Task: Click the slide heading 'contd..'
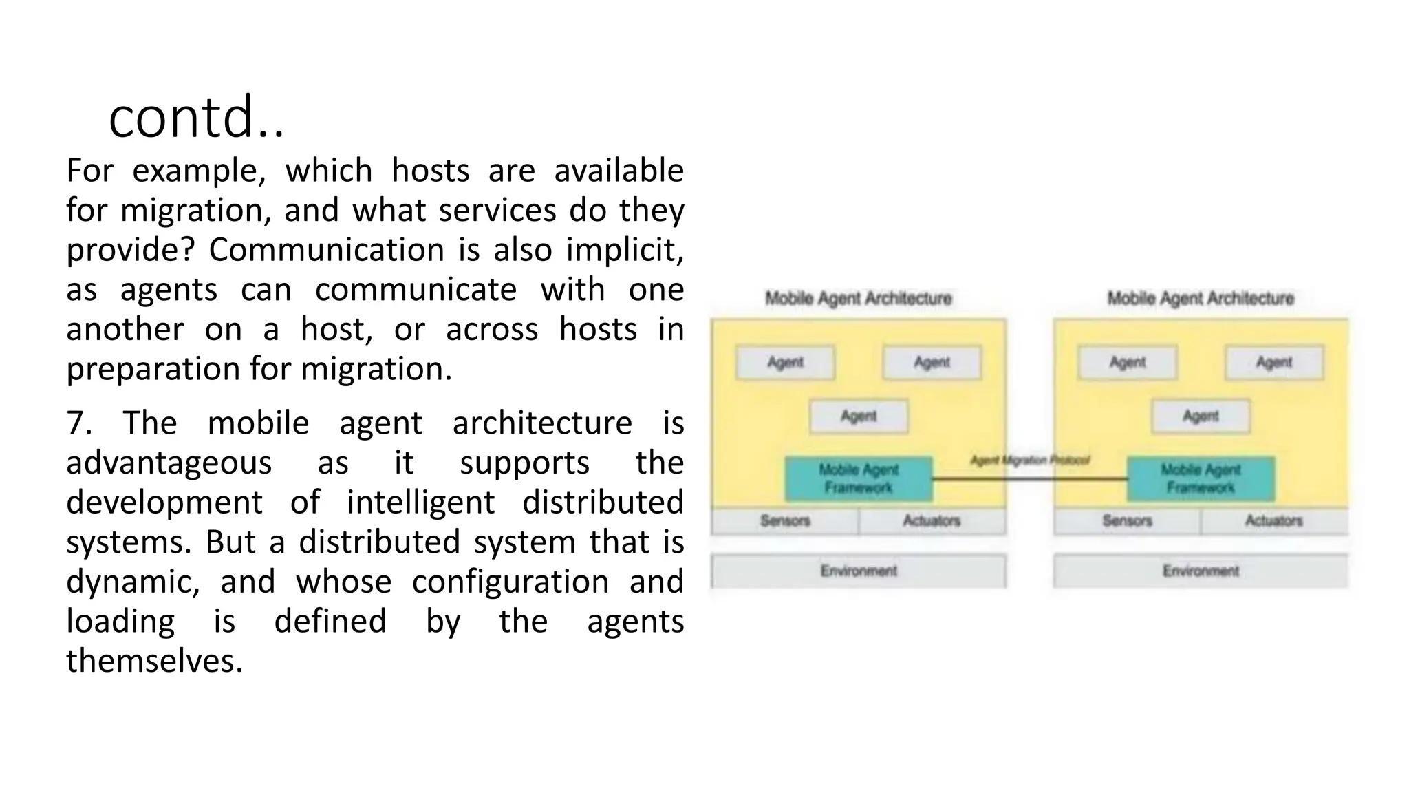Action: point(196,117)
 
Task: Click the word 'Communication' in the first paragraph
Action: point(327,250)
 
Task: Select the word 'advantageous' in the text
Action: point(169,463)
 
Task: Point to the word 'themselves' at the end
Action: point(154,662)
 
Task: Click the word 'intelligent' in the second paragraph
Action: point(420,503)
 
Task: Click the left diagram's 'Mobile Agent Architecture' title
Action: point(858,299)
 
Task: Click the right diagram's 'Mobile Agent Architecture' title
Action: point(1200,299)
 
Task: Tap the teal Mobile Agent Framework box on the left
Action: point(859,478)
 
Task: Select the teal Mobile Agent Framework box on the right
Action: point(1201,478)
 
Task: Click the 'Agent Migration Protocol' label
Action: point(1029,460)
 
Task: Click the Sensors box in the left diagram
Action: point(785,521)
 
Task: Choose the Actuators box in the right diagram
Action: point(1273,521)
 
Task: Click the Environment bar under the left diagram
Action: point(858,571)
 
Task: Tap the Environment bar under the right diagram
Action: point(1200,571)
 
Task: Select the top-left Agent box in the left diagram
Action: point(785,363)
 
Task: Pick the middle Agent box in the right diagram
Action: point(1201,416)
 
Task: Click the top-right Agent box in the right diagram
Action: point(1273,363)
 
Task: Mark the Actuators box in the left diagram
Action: point(932,521)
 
